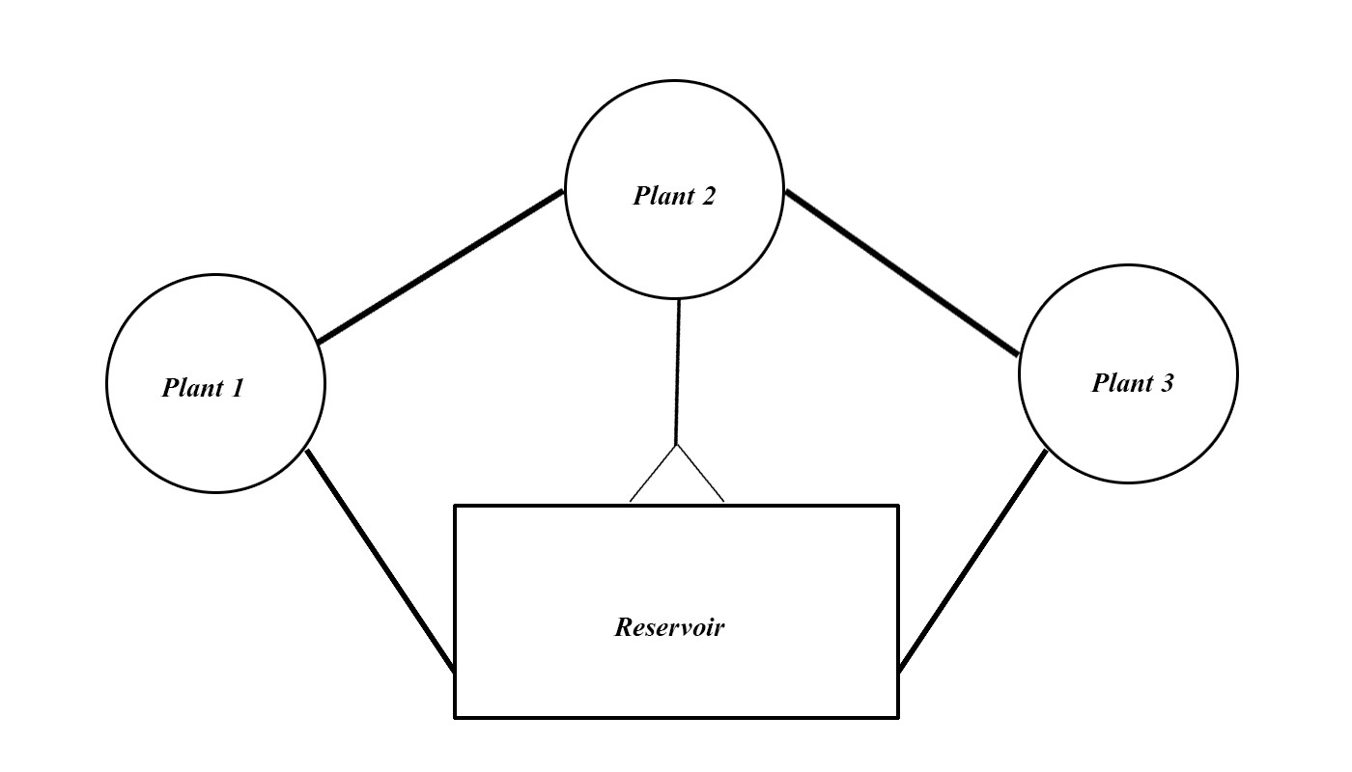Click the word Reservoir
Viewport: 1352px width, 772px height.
pyautogui.click(x=669, y=627)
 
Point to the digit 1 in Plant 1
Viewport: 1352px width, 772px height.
pyautogui.click(x=238, y=387)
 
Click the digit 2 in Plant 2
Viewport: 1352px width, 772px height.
pyautogui.click(x=708, y=196)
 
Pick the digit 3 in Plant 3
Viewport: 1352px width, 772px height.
pyautogui.click(x=1167, y=383)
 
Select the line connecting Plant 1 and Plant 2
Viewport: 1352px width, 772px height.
pyautogui.click(x=440, y=266)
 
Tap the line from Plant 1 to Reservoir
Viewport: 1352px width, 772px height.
pyautogui.click(x=380, y=560)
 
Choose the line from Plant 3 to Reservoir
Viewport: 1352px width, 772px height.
pyautogui.click(x=972, y=561)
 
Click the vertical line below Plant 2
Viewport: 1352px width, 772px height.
pyautogui.click(x=677, y=372)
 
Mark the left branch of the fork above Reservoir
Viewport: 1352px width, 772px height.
pyautogui.click(x=653, y=474)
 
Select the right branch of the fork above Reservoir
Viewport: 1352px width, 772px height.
pyautogui.click(x=700, y=474)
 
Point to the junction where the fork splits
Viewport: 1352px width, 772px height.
pyautogui.click(x=677, y=445)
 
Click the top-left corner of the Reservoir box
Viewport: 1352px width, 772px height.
pyautogui.click(x=455, y=506)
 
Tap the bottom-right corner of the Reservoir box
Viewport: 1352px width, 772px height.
pyautogui.click(x=899, y=718)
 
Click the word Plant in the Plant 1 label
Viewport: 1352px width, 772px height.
pyautogui.click(x=193, y=388)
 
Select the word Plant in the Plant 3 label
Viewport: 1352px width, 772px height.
pyautogui.click(x=1122, y=383)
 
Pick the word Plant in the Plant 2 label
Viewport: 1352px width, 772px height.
pyautogui.click(x=664, y=196)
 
